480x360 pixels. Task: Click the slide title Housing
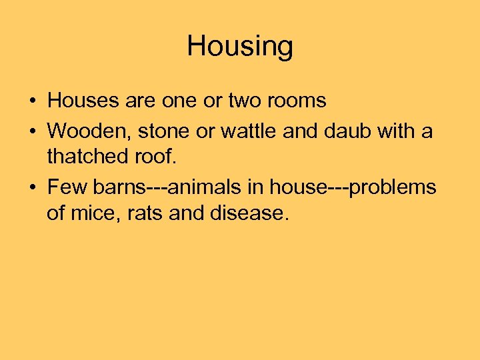point(240,47)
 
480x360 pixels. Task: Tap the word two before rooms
point(244,101)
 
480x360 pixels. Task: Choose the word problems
point(393,187)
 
